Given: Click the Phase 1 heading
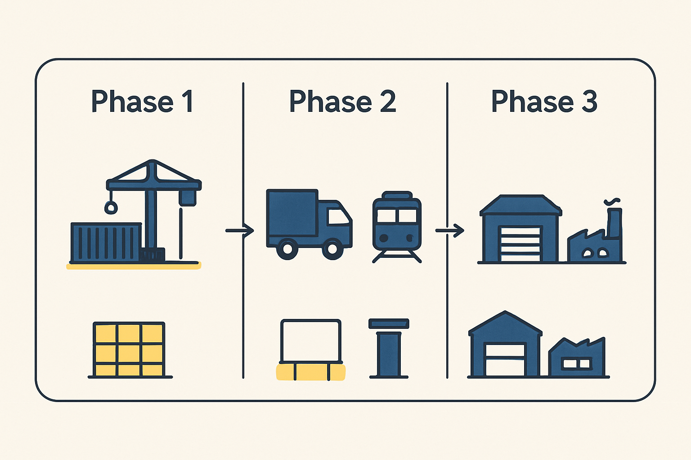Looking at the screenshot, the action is coord(142,101).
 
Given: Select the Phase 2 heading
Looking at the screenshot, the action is coord(342,101).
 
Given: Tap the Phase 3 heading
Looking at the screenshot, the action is coord(544,101).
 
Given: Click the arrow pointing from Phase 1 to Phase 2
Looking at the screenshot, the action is coord(240,230).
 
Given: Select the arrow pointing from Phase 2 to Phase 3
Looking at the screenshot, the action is coord(450,230).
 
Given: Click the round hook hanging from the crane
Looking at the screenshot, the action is coord(111,208).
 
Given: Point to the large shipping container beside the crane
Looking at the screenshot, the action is coord(106,243).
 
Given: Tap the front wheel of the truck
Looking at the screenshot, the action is coord(332,248).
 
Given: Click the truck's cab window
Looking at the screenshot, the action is coord(338,216).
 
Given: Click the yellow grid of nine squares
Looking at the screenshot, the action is coord(129,349).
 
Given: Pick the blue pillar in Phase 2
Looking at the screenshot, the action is coord(389,348).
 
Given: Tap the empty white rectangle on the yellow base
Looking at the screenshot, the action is coord(311,341).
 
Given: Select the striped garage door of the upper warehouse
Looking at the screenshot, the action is coord(520,244).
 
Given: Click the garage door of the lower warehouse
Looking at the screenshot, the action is coord(505,359).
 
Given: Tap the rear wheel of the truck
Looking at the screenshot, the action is coord(287,249).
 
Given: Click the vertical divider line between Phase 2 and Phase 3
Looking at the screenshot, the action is coord(447,230).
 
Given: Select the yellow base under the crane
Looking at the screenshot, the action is coord(134,265).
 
